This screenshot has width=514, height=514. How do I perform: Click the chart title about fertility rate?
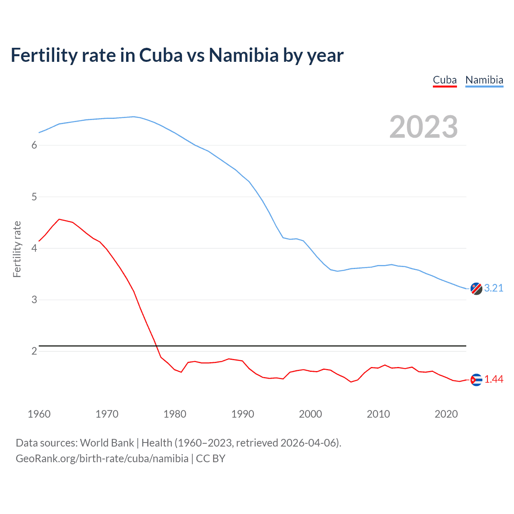(x=177, y=55)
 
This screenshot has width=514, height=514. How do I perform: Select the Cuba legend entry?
(x=445, y=80)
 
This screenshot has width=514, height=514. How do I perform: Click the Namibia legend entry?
(x=484, y=80)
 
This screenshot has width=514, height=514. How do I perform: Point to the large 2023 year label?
(x=423, y=127)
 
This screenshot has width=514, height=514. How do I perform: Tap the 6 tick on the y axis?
(x=34, y=145)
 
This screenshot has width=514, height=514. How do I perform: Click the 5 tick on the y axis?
(x=34, y=197)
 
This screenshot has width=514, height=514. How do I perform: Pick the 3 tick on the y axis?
(x=34, y=300)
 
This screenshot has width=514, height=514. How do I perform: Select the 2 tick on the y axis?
(x=34, y=351)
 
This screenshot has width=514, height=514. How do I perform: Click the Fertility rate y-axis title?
(x=17, y=249)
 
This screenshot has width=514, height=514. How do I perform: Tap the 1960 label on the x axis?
(x=39, y=414)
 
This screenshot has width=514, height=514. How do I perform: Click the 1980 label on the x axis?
(x=175, y=414)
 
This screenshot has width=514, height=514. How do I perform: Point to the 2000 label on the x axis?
(x=310, y=414)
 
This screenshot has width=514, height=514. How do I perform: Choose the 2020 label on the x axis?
(x=446, y=414)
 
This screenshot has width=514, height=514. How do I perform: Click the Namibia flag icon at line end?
(x=476, y=289)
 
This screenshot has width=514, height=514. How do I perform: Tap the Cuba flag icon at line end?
(x=476, y=379)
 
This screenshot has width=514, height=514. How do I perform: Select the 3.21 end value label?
(x=494, y=288)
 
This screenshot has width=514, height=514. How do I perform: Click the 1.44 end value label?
(x=494, y=379)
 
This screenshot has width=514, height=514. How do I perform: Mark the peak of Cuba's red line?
(x=59, y=219)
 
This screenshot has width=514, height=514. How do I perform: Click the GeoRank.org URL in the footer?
(x=102, y=459)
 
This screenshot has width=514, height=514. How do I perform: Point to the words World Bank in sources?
(x=107, y=443)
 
